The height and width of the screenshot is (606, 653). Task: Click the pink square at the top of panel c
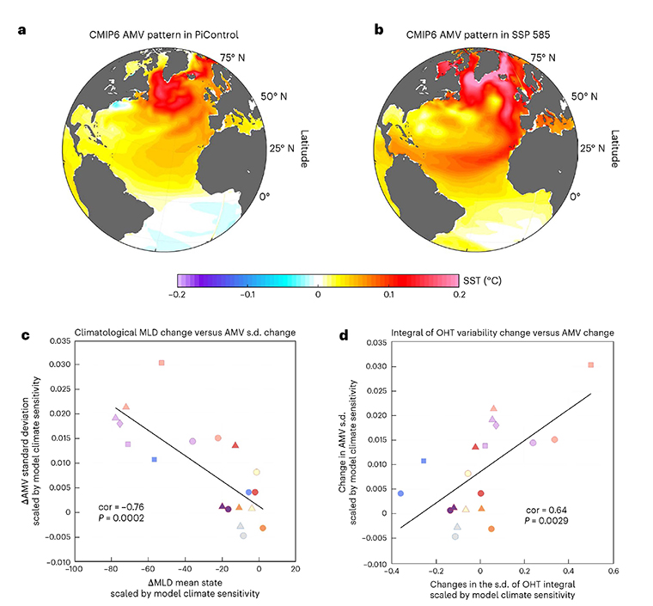pyautogui.click(x=162, y=363)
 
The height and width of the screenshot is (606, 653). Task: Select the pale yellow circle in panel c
pyautogui.click(x=256, y=472)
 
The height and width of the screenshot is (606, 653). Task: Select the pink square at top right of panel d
pyautogui.click(x=590, y=365)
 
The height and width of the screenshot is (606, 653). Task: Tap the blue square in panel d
pyautogui.click(x=424, y=461)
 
